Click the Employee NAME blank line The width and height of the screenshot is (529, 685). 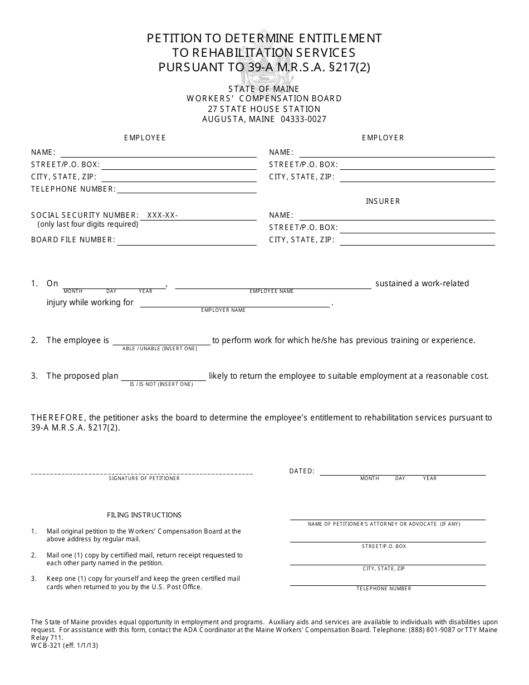pyautogui.click(x=158, y=156)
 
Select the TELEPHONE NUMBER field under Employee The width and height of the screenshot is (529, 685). pyautogui.click(x=187, y=192)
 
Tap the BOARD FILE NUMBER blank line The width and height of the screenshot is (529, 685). pyautogui.click(x=187, y=244)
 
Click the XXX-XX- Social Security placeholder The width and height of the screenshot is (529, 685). pyautogui.click(x=163, y=216)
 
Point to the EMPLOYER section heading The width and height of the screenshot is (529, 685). pyautogui.click(x=383, y=138)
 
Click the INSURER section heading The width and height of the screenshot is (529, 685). pyautogui.click(x=383, y=201)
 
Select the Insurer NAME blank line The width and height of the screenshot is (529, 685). pyautogui.click(x=396, y=219)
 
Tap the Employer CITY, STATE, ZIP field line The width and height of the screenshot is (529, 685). pyautogui.click(x=417, y=180)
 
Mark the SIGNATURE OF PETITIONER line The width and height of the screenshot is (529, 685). pyautogui.click(x=142, y=473)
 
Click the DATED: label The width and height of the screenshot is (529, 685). pyautogui.click(x=302, y=471)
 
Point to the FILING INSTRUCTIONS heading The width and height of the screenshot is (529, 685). pyautogui.click(x=144, y=515)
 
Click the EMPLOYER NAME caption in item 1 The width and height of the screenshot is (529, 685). pyautogui.click(x=223, y=310)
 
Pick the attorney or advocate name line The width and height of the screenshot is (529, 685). pyautogui.click(x=388, y=518)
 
